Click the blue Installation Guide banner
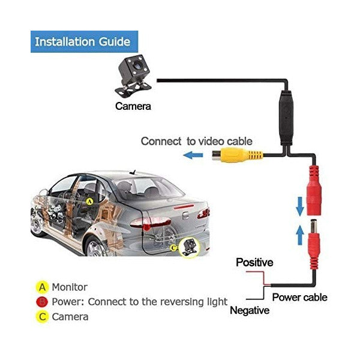(84, 41)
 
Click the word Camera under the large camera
(133, 106)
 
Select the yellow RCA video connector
(237, 155)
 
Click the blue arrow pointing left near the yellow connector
(193, 155)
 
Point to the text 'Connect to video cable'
(197, 141)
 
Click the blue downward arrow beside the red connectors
(299, 206)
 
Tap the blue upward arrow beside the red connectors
(300, 235)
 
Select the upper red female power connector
(314, 191)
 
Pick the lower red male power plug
(314, 244)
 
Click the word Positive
(254, 262)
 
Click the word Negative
(250, 310)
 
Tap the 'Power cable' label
(299, 297)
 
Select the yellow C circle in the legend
(42, 317)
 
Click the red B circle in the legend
(42, 302)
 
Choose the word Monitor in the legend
(70, 287)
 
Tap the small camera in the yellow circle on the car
(189, 247)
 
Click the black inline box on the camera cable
(286, 118)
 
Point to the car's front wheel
(36, 223)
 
